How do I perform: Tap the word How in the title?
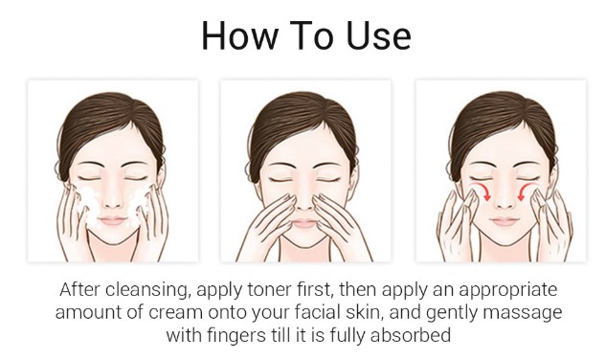coord(240,35)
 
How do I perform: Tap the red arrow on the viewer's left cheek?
coord(482,191)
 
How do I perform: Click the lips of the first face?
coord(112,221)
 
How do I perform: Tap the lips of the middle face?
coord(305,223)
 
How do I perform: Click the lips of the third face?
coord(504,221)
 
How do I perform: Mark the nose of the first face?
coord(112,198)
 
